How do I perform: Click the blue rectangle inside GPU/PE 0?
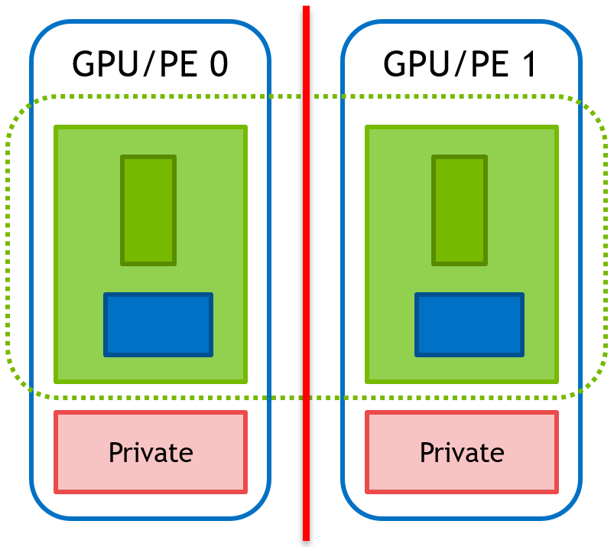click(x=158, y=324)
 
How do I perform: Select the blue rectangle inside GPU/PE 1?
click(x=469, y=324)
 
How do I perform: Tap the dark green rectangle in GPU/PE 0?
click(x=148, y=210)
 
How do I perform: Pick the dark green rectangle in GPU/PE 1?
click(x=460, y=210)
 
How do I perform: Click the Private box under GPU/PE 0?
click(x=151, y=452)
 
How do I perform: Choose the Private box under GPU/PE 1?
click(x=462, y=452)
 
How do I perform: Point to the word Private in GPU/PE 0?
click(x=151, y=452)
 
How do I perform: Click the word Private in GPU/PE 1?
click(x=462, y=452)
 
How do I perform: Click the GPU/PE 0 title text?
click(x=150, y=64)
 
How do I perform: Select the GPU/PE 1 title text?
click(x=460, y=64)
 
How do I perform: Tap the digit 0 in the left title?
click(x=218, y=64)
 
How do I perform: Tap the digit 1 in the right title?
click(x=527, y=64)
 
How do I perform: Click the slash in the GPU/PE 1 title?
click(x=453, y=64)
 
